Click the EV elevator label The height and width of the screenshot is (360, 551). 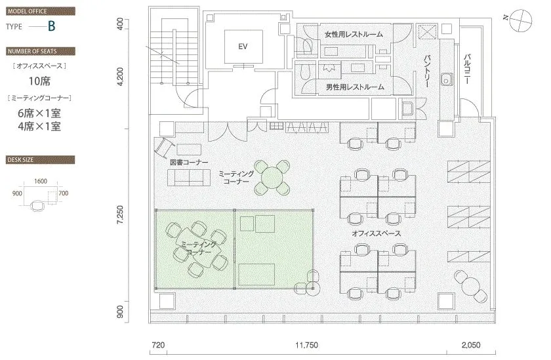(x=243, y=47)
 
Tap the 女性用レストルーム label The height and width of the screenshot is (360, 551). (x=354, y=34)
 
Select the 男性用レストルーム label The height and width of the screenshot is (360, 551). (x=355, y=87)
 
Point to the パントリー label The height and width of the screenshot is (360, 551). (x=426, y=71)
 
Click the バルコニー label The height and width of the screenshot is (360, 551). (x=467, y=69)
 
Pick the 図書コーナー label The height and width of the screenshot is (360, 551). (x=189, y=162)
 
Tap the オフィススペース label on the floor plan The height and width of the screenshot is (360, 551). (x=377, y=233)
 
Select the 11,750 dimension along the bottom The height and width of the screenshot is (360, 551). (x=306, y=345)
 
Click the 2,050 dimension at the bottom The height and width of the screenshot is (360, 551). (x=471, y=345)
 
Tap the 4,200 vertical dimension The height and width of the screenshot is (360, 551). (x=120, y=77)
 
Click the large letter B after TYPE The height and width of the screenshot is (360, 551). (x=52, y=26)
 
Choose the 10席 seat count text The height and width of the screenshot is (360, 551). (x=39, y=81)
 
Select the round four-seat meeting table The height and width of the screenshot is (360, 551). (x=272, y=177)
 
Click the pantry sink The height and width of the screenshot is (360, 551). (x=447, y=79)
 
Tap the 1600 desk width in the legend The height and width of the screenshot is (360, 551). (x=41, y=181)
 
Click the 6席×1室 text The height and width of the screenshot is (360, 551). (x=39, y=113)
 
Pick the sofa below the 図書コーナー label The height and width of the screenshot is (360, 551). (x=189, y=177)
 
